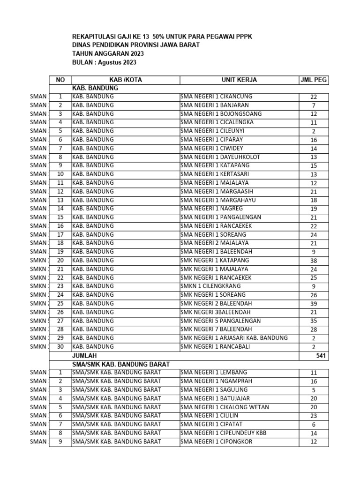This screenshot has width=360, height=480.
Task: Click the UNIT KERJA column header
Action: [239, 80]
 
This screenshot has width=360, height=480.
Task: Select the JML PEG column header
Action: [313, 80]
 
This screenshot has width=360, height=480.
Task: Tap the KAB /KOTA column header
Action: [125, 80]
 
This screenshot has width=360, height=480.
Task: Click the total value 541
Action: [320, 356]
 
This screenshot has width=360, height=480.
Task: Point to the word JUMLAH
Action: [84, 356]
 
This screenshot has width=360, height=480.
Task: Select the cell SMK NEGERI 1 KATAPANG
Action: [215, 260]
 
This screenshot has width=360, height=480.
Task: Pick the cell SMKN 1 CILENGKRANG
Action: [210, 286]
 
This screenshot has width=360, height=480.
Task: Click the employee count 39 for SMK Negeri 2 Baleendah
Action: [314, 304]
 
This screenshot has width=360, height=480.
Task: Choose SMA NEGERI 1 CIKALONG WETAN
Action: [225, 407]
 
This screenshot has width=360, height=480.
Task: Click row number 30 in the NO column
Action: [60, 346]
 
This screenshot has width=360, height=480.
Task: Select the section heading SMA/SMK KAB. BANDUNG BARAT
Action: [120, 364]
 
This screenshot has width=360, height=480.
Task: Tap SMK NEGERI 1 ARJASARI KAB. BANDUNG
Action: [234, 338]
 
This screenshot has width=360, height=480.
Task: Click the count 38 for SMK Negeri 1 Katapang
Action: [314, 261]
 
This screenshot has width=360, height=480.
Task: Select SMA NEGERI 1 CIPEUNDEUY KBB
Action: [223, 433]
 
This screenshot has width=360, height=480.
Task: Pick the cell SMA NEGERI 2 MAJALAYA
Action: [214, 243]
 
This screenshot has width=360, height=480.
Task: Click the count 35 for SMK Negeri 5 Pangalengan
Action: [314, 321]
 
